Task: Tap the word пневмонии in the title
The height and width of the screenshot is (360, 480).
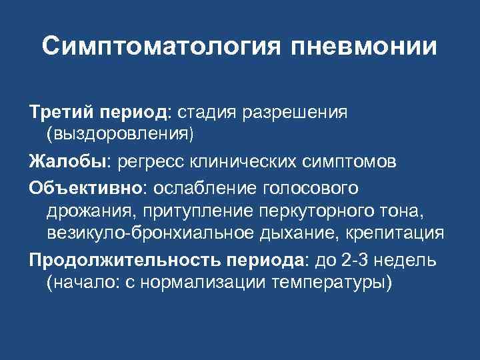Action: (364, 47)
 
